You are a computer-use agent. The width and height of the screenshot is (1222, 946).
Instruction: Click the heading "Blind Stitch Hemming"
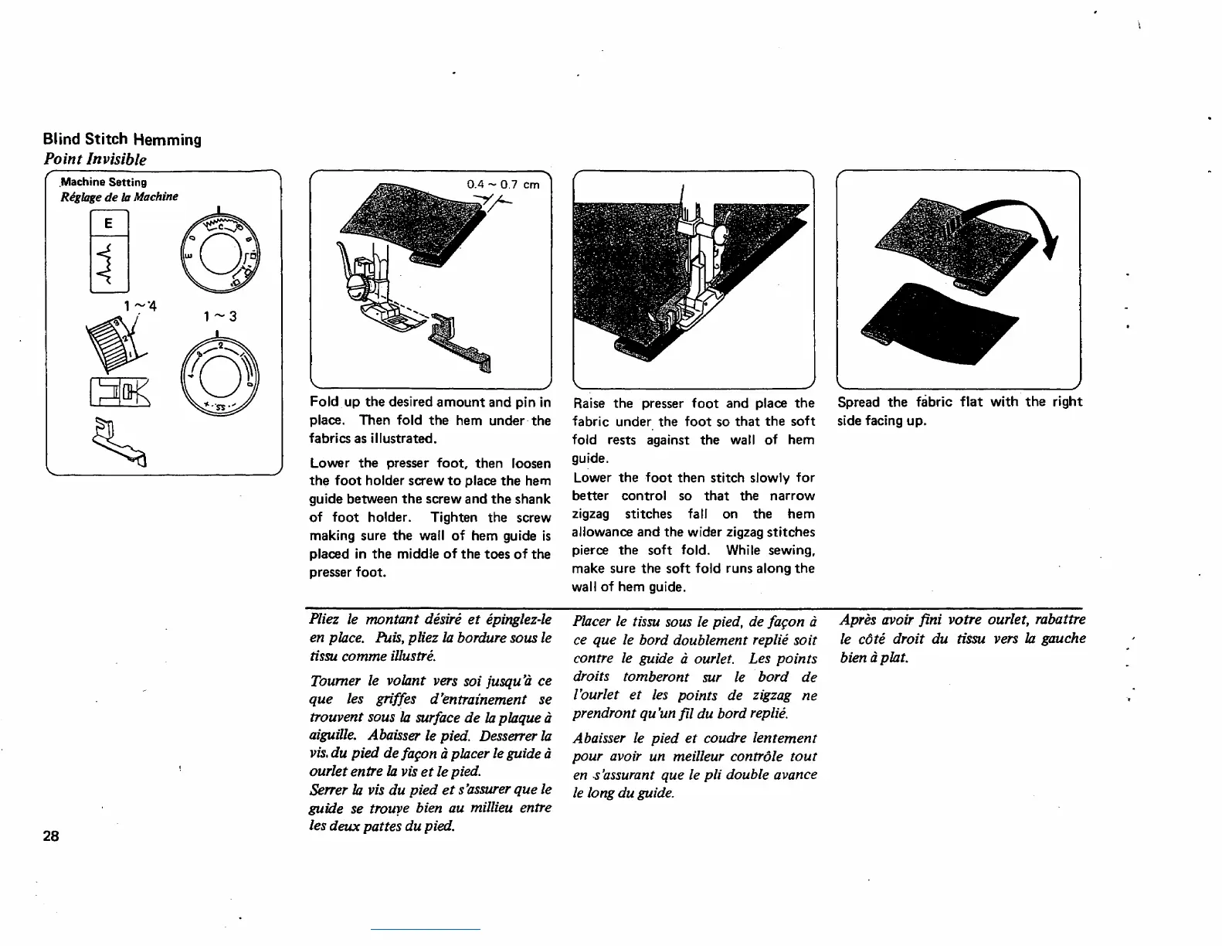click(122, 139)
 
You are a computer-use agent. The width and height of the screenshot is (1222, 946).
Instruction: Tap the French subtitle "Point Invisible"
click(95, 159)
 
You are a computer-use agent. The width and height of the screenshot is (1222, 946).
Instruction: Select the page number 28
click(51, 835)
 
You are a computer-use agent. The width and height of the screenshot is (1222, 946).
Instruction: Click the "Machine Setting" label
click(104, 182)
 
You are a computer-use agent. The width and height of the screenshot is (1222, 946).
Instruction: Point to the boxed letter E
click(109, 223)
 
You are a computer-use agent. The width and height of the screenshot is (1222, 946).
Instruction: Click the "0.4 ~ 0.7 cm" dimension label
click(503, 185)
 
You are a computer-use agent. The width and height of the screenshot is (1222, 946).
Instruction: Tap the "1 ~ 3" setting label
click(220, 316)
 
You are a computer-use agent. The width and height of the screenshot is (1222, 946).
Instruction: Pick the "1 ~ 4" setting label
click(140, 306)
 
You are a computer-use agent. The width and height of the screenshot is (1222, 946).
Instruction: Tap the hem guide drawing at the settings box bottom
click(120, 444)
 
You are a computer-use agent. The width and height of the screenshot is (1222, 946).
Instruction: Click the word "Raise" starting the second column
click(589, 403)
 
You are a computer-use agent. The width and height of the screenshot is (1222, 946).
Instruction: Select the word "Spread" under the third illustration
click(858, 402)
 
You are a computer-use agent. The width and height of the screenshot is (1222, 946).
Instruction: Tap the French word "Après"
click(857, 620)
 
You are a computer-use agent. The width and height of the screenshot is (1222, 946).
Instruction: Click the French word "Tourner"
click(335, 681)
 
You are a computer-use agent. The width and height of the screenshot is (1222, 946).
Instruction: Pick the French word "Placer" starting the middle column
click(592, 621)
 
